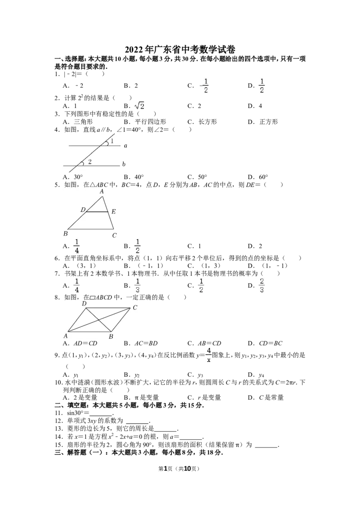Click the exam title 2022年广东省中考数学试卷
click(x=180, y=49)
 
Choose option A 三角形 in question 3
click(x=78, y=122)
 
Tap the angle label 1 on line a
click(x=112, y=141)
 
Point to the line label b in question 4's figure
click(x=124, y=164)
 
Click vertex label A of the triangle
click(x=102, y=192)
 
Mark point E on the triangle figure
click(x=113, y=212)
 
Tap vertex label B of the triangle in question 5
click(x=66, y=233)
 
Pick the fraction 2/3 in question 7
click(x=261, y=286)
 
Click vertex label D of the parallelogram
click(x=84, y=304)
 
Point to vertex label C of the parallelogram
click(x=135, y=308)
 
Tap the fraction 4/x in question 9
click(x=209, y=355)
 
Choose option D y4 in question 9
click(x=256, y=375)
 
